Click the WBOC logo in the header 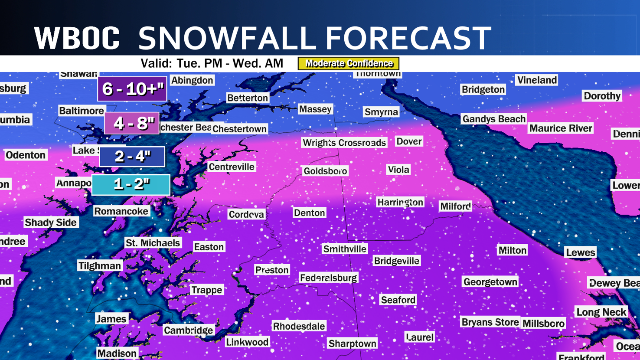click(77, 38)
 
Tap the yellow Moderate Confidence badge click(348, 63)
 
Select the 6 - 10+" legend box click(132, 89)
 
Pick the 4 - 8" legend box click(132, 124)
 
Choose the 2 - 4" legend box click(132, 156)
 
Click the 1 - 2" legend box click(131, 184)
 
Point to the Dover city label click(408, 141)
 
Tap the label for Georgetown click(490, 282)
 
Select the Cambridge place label click(188, 330)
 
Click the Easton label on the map click(209, 247)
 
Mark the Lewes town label click(580, 252)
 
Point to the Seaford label click(398, 300)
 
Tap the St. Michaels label click(153, 243)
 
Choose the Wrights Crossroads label click(344, 143)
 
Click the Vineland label click(537, 80)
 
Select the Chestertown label click(239, 129)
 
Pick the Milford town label click(455, 206)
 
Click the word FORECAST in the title click(408, 38)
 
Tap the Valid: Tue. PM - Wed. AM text click(212, 63)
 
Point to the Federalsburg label click(328, 278)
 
